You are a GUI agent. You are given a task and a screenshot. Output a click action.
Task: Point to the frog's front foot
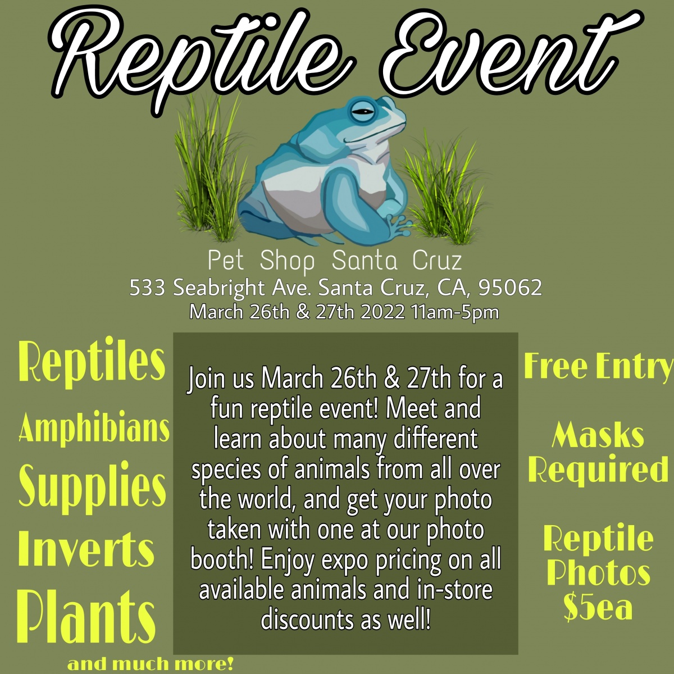[x=399, y=225]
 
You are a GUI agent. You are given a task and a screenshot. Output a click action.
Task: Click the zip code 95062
[x=511, y=288]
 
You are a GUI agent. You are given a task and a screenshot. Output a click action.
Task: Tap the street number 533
[x=147, y=288]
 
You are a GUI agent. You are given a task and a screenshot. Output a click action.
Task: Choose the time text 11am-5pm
[x=456, y=312]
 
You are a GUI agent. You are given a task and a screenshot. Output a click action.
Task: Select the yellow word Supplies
[x=92, y=488]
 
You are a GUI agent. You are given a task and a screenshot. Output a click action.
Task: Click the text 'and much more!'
[x=151, y=663]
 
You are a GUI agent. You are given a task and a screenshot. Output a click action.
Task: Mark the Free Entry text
[x=598, y=366]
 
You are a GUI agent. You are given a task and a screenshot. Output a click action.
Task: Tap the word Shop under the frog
[x=287, y=262]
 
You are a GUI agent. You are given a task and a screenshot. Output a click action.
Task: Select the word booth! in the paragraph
[x=222, y=559]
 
